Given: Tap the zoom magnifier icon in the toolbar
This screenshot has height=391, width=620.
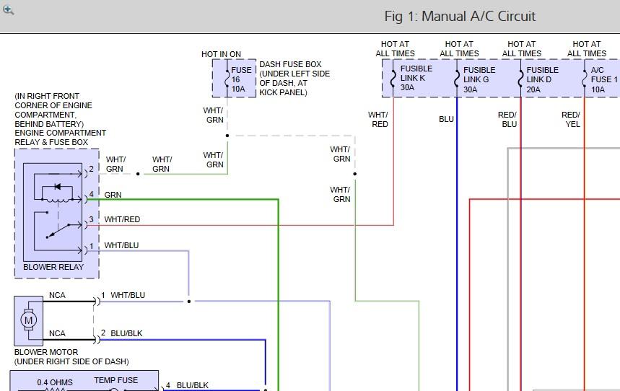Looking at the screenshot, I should tap(8, 9).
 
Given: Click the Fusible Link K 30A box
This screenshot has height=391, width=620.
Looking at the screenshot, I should tap(414, 79).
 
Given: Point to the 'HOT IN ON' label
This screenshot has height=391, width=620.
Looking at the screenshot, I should tap(221, 54).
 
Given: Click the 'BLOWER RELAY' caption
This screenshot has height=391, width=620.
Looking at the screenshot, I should tap(53, 267).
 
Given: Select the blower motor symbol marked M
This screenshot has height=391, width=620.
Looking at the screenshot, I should tap(29, 320).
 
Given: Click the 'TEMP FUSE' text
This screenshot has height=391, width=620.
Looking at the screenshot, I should tap(115, 380).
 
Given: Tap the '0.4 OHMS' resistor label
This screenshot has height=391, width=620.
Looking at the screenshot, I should tap(56, 382).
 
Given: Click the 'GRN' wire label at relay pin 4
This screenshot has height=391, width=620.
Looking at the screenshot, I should tap(113, 195).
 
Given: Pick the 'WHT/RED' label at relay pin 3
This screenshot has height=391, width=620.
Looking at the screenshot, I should tap(122, 219).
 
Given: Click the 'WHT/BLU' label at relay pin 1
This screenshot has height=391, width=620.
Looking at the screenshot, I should tap(121, 245).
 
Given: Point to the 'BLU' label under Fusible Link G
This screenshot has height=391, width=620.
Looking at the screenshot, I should tap(446, 119).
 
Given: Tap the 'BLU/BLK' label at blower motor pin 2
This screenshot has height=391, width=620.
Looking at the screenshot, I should tap(126, 333).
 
